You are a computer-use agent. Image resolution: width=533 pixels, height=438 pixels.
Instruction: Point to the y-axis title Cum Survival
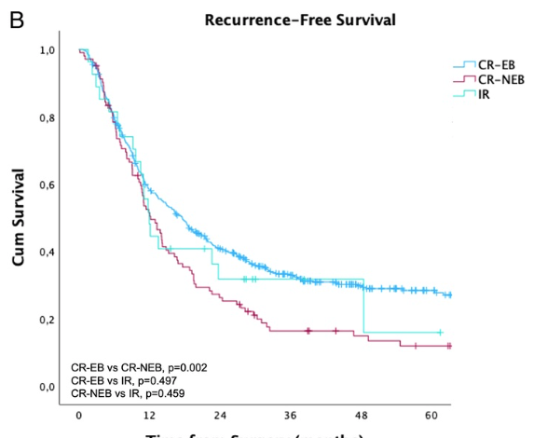tap(19, 217)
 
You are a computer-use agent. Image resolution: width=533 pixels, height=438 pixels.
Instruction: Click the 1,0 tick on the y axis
tap(47, 50)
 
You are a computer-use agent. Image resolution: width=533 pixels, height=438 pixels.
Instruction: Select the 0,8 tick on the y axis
tap(47, 118)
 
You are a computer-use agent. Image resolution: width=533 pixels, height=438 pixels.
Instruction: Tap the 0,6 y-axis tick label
tap(47, 185)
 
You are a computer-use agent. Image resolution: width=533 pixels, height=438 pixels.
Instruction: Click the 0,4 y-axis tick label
tap(47, 253)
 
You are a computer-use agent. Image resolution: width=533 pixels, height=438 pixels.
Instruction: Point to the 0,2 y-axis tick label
tap(47, 320)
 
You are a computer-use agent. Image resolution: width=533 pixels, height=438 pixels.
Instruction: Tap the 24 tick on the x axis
tap(220, 415)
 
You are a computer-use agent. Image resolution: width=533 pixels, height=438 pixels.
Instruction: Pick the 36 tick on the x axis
tap(291, 415)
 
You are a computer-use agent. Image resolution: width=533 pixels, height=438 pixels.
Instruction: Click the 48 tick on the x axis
tap(362, 415)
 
